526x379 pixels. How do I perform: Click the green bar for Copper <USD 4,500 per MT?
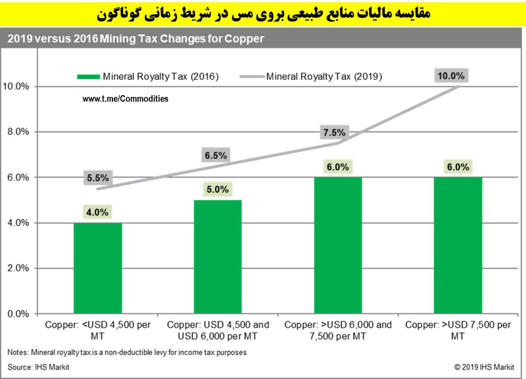(x=98, y=268)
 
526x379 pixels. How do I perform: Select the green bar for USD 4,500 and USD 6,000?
(x=217, y=257)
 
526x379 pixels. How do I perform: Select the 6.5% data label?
(x=216, y=155)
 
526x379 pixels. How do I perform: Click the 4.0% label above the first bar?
(x=97, y=212)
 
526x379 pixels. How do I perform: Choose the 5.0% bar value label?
(x=217, y=189)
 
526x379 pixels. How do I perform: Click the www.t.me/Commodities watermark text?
(x=125, y=99)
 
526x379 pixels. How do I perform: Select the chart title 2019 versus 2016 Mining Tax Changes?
(x=135, y=39)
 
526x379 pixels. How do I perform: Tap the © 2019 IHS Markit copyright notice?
(x=484, y=367)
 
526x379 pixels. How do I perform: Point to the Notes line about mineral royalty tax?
(x=127, y=352)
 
